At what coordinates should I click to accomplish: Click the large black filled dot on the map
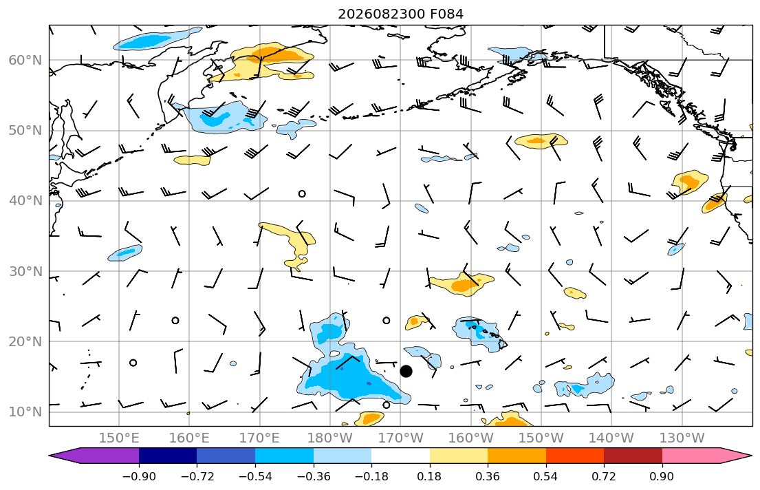click(406, 371)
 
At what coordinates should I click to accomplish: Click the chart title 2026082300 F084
click(400, 14)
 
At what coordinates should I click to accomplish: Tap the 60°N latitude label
click(25, 60)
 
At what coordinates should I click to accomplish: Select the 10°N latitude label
click(25, 412)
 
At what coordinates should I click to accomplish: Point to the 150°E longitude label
click(119, 438)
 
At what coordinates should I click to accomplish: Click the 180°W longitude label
click(330, 438)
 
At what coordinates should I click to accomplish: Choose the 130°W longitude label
click(682, 438)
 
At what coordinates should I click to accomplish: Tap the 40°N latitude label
click(25, 201)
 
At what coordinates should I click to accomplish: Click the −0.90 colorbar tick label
click(139, 476)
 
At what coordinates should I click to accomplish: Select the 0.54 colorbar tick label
click(546, 476)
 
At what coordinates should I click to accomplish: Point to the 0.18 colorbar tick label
click(429, 476)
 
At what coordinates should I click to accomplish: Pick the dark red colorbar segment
click(633, 456)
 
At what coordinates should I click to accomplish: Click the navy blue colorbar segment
click(168, 456)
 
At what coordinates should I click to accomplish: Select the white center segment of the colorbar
click(400, 456)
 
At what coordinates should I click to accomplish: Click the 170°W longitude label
click(400, 438)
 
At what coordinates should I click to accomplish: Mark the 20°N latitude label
click(25, 341)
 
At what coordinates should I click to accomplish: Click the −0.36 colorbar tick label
click(313, 476)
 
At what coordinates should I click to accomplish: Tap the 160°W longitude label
click(470, 438)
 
